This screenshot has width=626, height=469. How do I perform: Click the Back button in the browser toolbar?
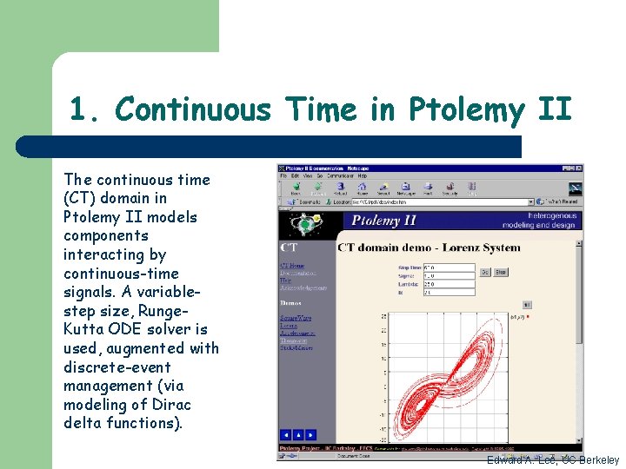(x=296, y=188)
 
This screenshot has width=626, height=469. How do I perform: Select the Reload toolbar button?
(x=339, y=188)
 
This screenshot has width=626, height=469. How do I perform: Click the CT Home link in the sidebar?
(x=292, y=266)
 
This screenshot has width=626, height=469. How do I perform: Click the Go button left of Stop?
(x=485, y=272)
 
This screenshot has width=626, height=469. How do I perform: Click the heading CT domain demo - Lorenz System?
(x=429, y=248)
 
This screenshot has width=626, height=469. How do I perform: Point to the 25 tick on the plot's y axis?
(x=384, y=316)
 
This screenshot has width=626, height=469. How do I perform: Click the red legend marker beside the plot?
(x=528, y=318)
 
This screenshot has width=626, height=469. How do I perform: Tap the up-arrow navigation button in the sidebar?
(x=298, y=434)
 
